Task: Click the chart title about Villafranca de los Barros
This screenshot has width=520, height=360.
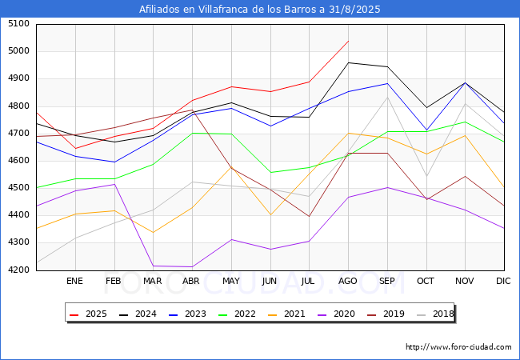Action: [x=260, y=10]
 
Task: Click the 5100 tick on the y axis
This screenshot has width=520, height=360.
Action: [x=18, y=24]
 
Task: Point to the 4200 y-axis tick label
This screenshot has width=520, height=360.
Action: [x=18, y=270]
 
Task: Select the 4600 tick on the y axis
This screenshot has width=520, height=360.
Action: [x=18, y=161]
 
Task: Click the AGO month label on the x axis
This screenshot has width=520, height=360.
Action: [x=348, y=282]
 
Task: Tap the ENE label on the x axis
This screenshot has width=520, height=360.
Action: [x=74, y=282]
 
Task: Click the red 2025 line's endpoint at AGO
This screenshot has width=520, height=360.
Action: [x=348, y=41]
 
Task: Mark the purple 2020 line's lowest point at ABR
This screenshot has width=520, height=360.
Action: [x=192, y=266]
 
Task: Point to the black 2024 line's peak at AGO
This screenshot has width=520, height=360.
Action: [x=348, y=62]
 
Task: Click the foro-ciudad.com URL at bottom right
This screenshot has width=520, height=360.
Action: [x=458, y=347]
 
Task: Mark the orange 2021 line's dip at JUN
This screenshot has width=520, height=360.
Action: [x=270, y=214]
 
